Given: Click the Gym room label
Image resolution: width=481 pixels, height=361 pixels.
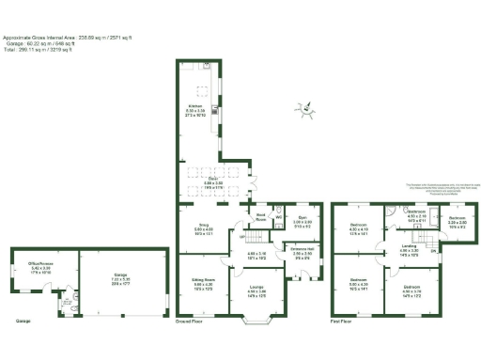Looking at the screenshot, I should coord(303,220).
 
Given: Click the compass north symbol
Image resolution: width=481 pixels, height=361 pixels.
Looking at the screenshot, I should coord(303,110).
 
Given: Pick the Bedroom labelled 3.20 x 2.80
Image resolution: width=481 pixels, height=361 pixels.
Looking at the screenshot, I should coord(458,224).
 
